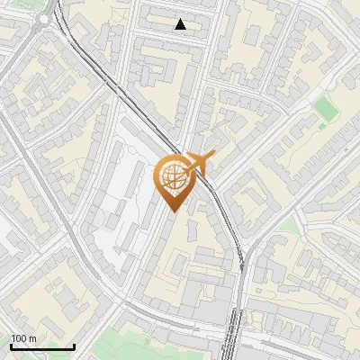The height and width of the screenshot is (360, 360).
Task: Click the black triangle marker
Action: pyautogui.click(x=181, y=24)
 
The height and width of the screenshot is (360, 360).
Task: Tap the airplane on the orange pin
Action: pyautogui.click(x=199, y=164)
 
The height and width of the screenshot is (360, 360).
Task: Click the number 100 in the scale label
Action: pyautogui.click(x=19, y=337)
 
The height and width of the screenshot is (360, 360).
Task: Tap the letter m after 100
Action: pyautogui.click(x=32, y=337)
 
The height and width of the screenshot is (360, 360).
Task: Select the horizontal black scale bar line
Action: pyautogui.click(x=42, y=346)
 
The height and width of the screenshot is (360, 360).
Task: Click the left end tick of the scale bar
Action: pyautogui.click(x=11, y=345)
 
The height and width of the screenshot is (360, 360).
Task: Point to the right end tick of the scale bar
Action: pyautogui.click(x=74, y=345)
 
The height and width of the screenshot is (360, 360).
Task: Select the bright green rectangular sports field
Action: pyautogui.click(x=323, y=108)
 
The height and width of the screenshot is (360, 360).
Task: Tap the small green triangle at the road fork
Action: pyautogui.click(x=287, y=222)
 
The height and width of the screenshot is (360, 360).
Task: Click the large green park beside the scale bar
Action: pyautogui.click(x=126, y=346)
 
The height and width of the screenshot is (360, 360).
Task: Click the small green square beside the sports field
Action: pyautogui.click(x=349, y=81)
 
